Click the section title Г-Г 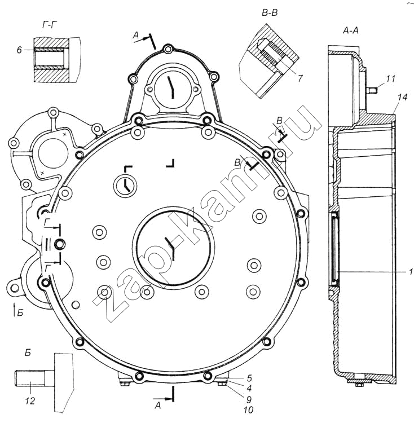(50, 25)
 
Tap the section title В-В (270, 13)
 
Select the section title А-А (350, 31)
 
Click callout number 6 (19, 50)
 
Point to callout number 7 (300, 78)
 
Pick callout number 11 (390, 78)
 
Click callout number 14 (402, 97)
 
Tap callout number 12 (30, 400)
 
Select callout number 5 (249, 378)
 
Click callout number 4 (249, 388)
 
